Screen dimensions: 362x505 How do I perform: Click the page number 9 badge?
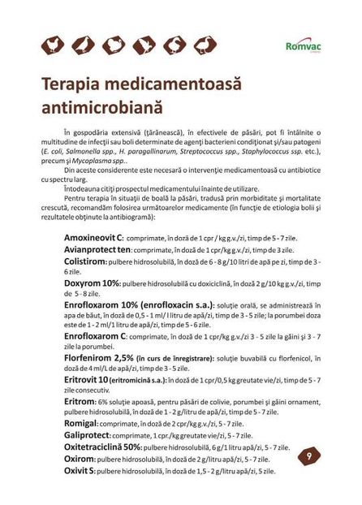pyautogui.click(x=309, y=456)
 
